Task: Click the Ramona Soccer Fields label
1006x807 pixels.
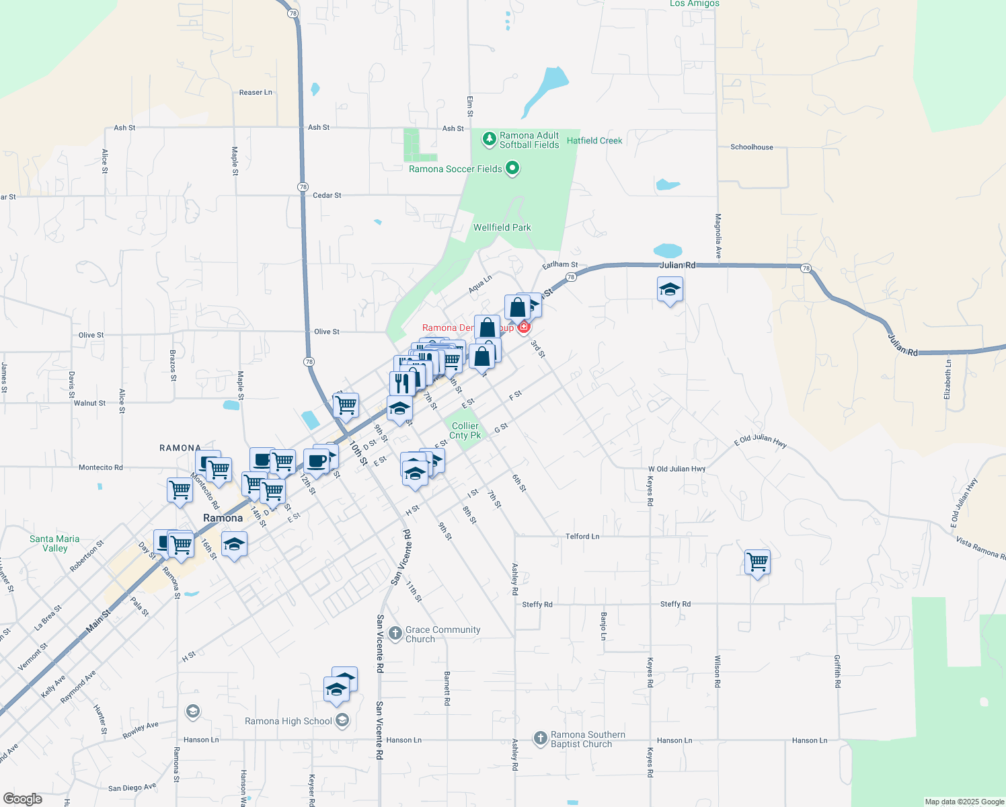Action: pyautogui.click(x=455, y=169)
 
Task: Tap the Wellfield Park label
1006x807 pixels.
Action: pyautogui.click(x=502, y=227)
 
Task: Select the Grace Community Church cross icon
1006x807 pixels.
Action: pyautogui.click(x=395, y=633)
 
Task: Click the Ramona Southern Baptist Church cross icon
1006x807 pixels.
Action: pyautogui.click(x=540, y=738)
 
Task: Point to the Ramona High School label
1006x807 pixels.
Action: pyautogui.click(x=288, y=721)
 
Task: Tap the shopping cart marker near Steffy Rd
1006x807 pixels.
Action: pyautogui.click(x=757, y=562)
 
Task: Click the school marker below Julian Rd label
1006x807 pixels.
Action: pyautogui.click(x=670, y=290)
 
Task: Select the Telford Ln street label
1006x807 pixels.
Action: pyautogui.click(x=582, y=536)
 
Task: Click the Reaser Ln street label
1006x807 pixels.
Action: pyautogui.click(x=256, y=92)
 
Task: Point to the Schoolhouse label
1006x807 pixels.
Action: pyautogui.click(x=752, y=147)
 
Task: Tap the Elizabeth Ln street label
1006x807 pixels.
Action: pyautogui.click(x=947, y=379)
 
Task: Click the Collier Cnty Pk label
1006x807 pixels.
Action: pyautogui.click(x=465, y=430)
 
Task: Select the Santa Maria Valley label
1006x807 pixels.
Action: pyautogui.click(x=54, y=543)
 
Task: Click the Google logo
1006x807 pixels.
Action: pyautogui.click(x=23, y=799)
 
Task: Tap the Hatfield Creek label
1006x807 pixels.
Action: pyautogui.click(x=594, y=141)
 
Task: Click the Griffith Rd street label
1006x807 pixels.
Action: pyautogui.click(x=837, y=670)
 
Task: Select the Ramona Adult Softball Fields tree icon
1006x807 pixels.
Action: pyautogui.click(x=490, y=139)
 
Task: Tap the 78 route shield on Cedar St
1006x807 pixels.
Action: pyautogui.click(x=303, y=187)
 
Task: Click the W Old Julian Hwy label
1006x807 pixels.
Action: pyautogui.click(x=676, y=469)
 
